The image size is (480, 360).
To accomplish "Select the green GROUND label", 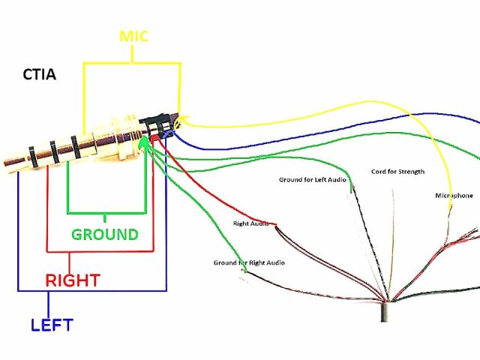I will tap(105, 234).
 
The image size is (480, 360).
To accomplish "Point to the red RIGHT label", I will tap(73, 280).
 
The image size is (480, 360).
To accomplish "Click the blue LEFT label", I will tap(52, 325).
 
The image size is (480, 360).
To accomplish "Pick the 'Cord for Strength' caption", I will tap(397, 172).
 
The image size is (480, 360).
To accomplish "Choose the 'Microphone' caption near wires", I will tap(454, 196).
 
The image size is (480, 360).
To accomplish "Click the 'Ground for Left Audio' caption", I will tap(313, 180).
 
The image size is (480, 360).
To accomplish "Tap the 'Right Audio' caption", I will tap(250, 223).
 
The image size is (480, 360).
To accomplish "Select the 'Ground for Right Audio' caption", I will tap(249, 263).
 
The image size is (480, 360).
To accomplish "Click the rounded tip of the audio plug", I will tap(6, 159).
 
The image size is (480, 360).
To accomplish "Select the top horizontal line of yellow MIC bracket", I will tap(132, 63).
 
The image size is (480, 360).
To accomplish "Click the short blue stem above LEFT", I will tap(48, 303).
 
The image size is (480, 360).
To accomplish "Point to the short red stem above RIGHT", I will tap(70, 262).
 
